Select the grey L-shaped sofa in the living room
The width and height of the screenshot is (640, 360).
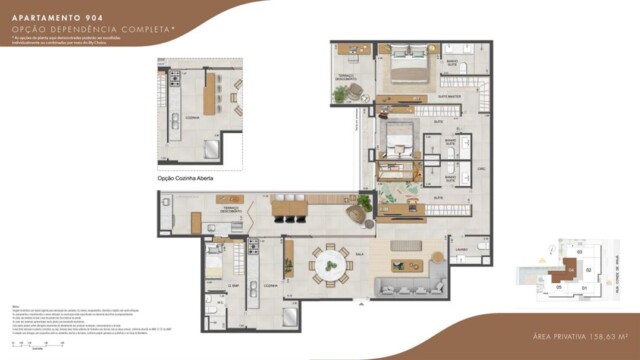click(411, 288)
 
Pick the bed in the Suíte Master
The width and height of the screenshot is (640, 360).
click(409, 70)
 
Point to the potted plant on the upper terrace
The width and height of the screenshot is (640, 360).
click(342, 93)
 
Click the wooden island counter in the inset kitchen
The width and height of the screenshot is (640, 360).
click(210, 95)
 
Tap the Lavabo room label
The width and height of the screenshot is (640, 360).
click(461, 248)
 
